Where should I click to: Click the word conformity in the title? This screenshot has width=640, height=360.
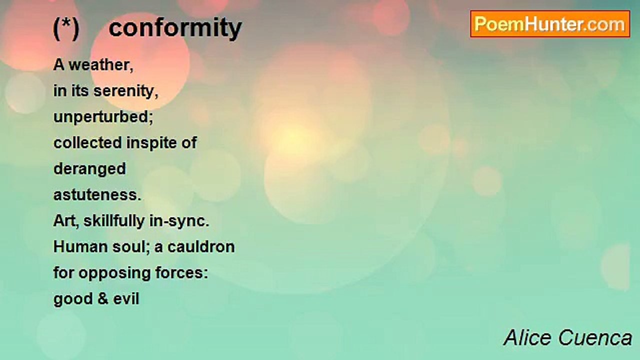click(x=175, y=28)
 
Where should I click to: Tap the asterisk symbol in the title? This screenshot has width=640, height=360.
click(x=66, y=23)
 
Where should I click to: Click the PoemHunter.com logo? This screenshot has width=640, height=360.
click(x=550, y=24)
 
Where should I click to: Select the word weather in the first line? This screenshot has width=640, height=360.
click(x=101, y=65)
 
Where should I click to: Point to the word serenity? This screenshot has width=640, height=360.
click(x=125, y=91)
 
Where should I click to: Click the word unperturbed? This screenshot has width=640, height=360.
click(x=103, y=117)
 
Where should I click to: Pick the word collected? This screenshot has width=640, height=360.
click(x=87, y=142)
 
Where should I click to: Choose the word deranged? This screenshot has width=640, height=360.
click(x=89, y=169)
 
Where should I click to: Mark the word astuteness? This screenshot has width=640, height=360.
click(x=97, y=195)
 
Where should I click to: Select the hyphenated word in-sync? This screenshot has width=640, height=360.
click(x=179, y=221)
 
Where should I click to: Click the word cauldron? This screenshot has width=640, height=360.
click(x=201, y=247)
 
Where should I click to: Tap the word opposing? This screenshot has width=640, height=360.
click(x=114, y=273)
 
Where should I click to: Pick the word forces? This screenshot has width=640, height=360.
click(x=181, y=273)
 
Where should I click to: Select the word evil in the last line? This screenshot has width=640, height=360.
click(x=126, y=299)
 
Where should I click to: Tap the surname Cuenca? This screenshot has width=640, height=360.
click(x=595, y=338)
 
